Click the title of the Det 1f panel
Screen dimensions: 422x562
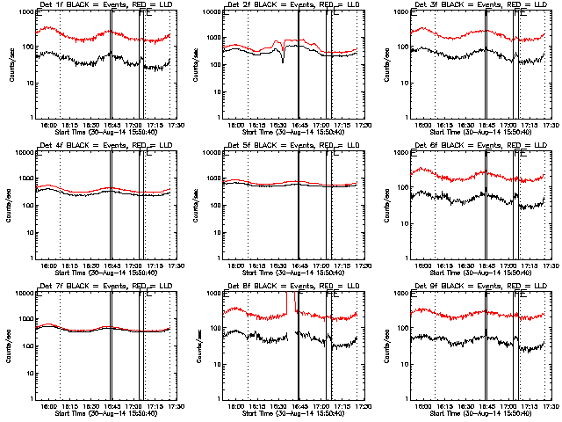(104, 5)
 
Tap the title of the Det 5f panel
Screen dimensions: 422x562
(291, 146)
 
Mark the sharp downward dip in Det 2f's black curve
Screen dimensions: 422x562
(283, 60)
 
